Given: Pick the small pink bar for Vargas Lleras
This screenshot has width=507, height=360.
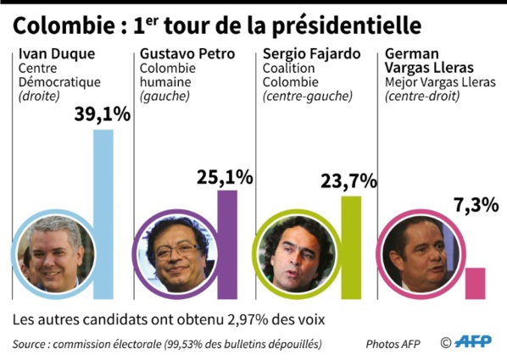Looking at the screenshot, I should point(476,283).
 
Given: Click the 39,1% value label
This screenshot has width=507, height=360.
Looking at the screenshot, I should point(103,114).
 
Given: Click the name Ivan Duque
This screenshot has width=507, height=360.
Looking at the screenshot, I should point(55,54).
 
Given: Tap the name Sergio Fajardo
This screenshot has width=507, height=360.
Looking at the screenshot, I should point(311,54).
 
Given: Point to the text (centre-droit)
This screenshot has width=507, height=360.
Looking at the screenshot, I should point(421,97).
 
